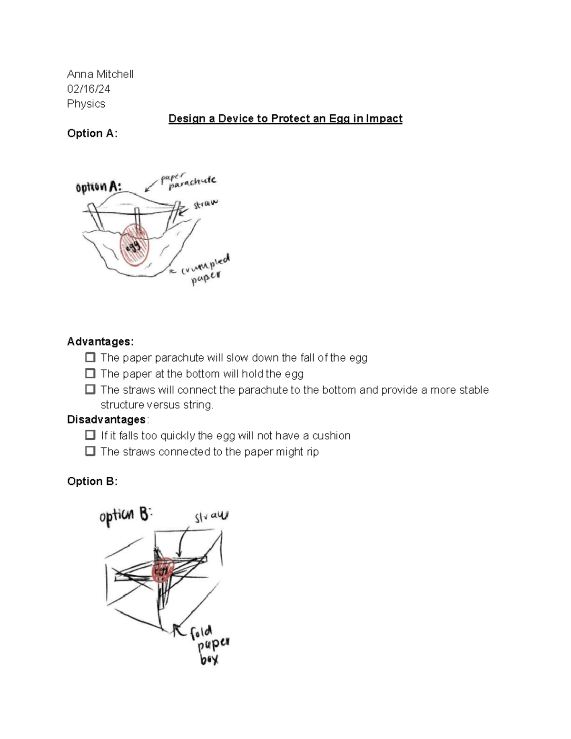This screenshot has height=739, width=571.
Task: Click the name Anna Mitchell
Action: pyautogui.click(x=100, y=74)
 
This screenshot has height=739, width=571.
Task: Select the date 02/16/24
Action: pyautogui.click(x=89, y=89)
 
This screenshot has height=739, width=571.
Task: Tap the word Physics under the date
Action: pyautogui.click(x=86, y=104)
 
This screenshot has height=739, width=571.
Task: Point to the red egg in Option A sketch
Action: pyautogui.click(x=135, y=245)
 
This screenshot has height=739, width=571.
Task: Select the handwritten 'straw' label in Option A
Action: pyautogui.click(x=205, y=205)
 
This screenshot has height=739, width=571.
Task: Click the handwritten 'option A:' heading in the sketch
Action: pyautogui.click(x=98, y=187)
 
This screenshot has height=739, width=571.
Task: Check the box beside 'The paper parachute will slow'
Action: pyautogui.click(x=90, y=357)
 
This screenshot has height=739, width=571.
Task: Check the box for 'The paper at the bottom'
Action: pyautogui.click(x=90, y=373)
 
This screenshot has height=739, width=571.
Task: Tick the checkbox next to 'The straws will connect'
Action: pyautogui.click(x=90, y=389)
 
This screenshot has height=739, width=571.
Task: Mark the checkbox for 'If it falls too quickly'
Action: pyautogui.click(x=90, y=435)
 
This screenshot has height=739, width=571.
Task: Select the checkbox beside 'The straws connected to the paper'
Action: pyautogui.click(x=90, y=451)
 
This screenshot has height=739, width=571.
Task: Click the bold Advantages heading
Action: pyautogui.click(x=100, y=342)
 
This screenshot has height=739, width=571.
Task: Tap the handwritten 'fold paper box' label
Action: pyautogui.click(x=208, y=645)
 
